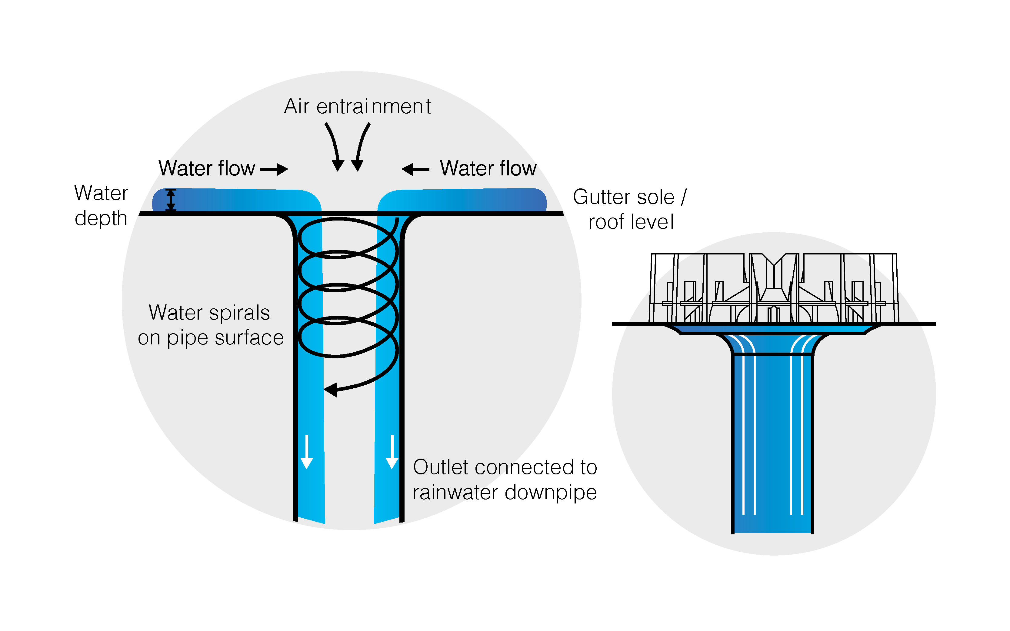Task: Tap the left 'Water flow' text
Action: pyautogui.click(x=207, y=169)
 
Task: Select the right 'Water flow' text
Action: pyautogui.click(x=488, y=169)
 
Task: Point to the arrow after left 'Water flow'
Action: pyautogui.click(x=274, y=169)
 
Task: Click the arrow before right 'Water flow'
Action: pyautogui.click(x=415, y=169)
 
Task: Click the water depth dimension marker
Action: pyautogui.click(x=171, y=200)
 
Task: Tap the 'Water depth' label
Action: pyautogui.click(x=101, y=205)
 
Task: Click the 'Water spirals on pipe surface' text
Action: pyautogui.click(x=210, y=325)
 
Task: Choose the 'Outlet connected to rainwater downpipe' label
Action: pyautogui.click(x=505, y=480)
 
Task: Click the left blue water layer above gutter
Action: pyautogui.click(x=236, y=200)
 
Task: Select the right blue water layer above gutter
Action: pyautogui.click(x=463, y=200)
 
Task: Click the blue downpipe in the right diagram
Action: pyautogui.click(x=772, y=442)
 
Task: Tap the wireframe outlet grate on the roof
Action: pyautogui.click(x=773, y=288)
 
